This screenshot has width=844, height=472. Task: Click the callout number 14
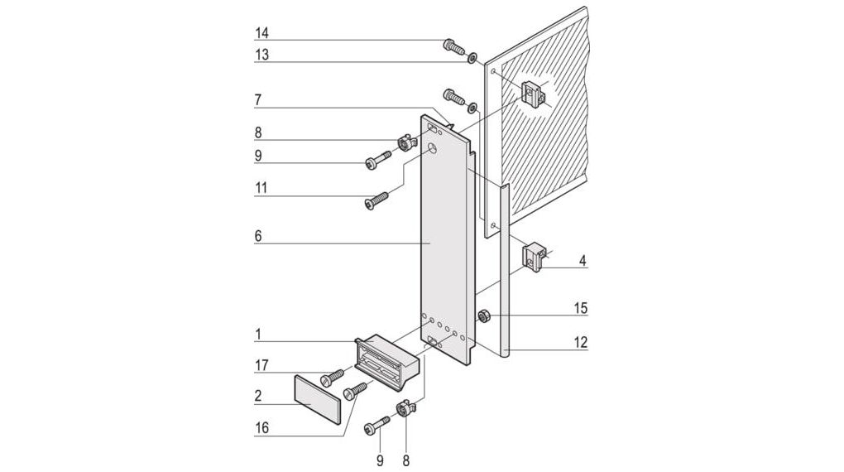pos(261,33)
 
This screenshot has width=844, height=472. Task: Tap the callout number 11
pos(261,188)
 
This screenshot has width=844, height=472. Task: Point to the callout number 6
pos(258,236)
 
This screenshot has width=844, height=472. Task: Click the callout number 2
pos(258,396)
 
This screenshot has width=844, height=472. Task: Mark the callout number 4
pos(583,261)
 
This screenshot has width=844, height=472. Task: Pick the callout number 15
pos(582,308)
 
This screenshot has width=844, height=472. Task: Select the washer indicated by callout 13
pos(472,59)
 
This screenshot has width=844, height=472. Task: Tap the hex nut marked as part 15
pos(483,315)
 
